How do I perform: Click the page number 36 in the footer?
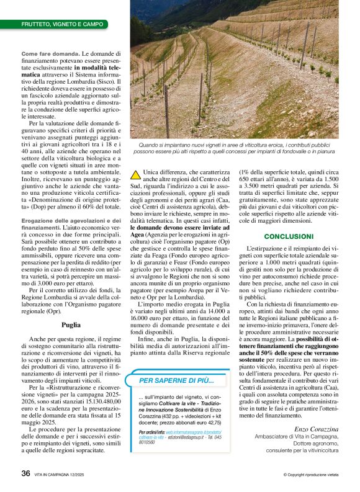(x=25, y=473)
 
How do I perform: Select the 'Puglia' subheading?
(x=71, y=324)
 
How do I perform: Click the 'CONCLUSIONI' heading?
(x=289, y=236)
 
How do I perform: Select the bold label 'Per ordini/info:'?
(x=152, y=431)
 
